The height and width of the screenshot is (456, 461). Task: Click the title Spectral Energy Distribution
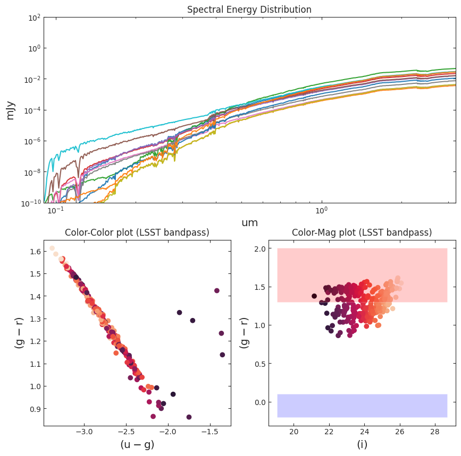[x=249, y=10]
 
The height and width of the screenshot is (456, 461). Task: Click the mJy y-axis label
[x=10, y=110]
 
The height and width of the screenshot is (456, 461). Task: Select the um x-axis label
[x=249, y=223]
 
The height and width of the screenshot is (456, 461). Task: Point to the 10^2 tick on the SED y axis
[x=34, y=18]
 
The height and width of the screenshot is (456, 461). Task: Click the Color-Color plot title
[x=137, y=233]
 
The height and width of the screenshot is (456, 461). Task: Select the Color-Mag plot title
[x=362, y=233]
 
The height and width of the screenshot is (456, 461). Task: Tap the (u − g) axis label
[x=137, y=444]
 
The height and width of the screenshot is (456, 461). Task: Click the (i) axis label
[x=362, y=444]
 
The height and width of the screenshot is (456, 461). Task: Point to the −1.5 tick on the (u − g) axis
[x=210, y=432]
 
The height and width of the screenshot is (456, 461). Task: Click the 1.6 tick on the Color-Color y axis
[x=34, y=251]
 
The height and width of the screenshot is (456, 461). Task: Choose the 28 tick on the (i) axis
[x=434, y=432]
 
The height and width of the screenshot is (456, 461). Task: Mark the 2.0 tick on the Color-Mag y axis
[x=259, y=249]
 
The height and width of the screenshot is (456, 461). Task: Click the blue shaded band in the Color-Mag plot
[x=362, y=406]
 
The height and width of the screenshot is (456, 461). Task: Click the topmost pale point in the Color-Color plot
[x=52, y=248]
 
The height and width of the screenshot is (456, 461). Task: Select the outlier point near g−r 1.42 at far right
[x=217, y=290]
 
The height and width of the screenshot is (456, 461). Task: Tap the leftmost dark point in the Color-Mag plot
[x=314, y=296]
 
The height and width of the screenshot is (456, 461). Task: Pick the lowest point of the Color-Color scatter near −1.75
[x=189, y=417]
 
